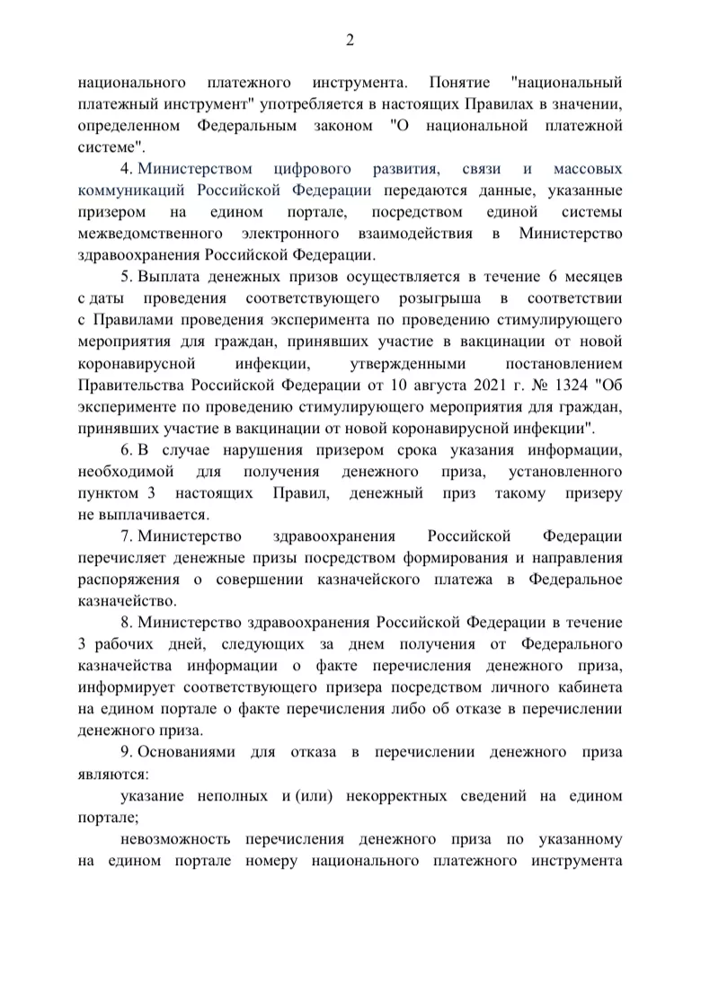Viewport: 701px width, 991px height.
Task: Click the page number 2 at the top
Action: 350,39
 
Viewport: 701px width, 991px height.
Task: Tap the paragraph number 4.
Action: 125,169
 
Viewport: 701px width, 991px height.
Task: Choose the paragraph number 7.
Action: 125,537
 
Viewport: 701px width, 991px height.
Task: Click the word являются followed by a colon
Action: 113,773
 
